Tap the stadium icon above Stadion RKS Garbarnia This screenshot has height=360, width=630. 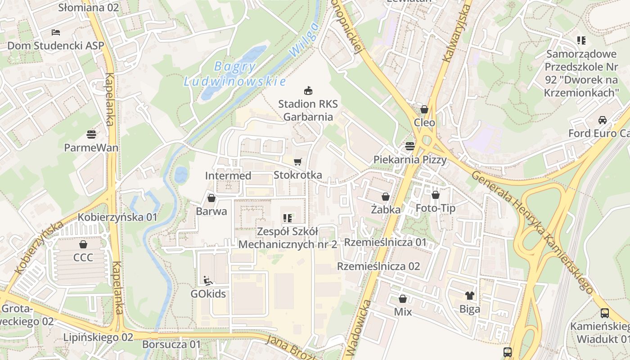pos(308,91)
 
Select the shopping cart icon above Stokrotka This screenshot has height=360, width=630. pos(297,162)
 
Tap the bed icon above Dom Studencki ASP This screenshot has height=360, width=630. pos(56,32)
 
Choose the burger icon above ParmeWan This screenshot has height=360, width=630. pos(91,135)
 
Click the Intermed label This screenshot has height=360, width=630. pos(228,175)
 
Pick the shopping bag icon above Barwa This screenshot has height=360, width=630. pos(211,198)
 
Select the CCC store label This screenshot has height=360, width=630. pos(83,257)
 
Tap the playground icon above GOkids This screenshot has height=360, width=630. pos(208,281)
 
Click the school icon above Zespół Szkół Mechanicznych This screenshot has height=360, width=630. pos(288,219)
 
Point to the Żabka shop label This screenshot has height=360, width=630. pos(386,209)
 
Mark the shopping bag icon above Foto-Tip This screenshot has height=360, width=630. pos(435,195)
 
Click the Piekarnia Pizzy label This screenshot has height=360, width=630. pos(410,160)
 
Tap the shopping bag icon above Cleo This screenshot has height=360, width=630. pos(424,109)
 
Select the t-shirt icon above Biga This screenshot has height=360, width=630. pos(470,296)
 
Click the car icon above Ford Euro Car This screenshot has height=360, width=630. pos(602,120)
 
